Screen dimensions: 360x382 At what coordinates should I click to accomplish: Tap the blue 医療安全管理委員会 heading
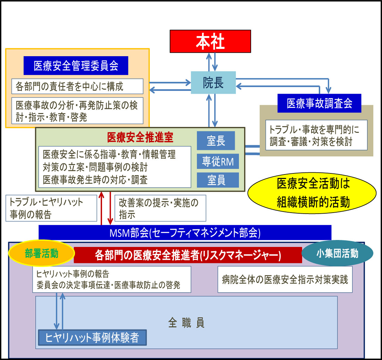(76, 66)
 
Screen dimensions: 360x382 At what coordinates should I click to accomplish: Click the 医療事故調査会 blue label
(319, 103)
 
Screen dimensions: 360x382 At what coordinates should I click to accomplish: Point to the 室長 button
(216, 141)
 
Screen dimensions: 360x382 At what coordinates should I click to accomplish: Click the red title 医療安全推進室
(140, 138)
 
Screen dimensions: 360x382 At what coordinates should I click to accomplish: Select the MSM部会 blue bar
(185, 232)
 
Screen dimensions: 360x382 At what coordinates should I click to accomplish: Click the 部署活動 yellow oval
(41, 253)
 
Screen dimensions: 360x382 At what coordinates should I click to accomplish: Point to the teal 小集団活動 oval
(337, 254)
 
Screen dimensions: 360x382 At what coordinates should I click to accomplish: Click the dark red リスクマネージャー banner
(188, 255)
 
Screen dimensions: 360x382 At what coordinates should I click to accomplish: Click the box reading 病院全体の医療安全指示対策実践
(285, 279)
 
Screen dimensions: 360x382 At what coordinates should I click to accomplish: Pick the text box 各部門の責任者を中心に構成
(77, 86)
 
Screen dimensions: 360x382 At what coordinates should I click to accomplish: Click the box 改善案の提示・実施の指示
(160, 208)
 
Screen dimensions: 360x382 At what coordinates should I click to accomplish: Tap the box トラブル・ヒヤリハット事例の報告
(51, 208)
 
